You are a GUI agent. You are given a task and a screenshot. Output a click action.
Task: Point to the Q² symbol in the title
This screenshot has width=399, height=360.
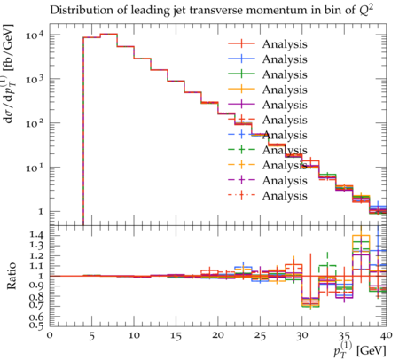tap(366, 10)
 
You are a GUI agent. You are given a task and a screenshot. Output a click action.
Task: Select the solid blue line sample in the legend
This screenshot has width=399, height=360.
tap(241, 59)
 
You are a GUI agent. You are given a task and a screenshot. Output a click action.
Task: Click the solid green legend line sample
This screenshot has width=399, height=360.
tap(241, 74)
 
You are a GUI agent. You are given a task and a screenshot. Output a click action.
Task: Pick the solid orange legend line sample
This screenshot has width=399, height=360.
tap(241, 89)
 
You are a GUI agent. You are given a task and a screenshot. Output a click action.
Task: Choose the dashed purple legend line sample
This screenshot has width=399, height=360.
tap(241, 180)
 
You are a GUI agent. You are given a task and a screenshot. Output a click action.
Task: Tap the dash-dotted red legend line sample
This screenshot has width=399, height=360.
tap(241, 195)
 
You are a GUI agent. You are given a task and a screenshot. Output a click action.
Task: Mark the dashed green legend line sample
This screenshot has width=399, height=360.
tap(241, 150)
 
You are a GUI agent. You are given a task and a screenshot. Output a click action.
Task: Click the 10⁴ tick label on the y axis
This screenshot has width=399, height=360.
tap(35, 35)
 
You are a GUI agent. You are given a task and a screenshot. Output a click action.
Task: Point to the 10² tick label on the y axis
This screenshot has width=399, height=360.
tap(35, 123)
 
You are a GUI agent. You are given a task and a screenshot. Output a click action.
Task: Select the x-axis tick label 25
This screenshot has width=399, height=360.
tap(260, 336)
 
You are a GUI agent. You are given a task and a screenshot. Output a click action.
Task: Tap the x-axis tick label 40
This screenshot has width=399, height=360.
tap(387, 335)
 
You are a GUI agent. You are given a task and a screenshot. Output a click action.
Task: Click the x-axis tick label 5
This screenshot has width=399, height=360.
tap(92, 336)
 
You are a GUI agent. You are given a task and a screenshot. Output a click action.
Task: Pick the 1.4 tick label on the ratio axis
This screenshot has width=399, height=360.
tap(36, 235)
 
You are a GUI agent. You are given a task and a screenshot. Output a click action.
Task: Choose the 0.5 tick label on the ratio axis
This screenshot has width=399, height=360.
tap(36, 325)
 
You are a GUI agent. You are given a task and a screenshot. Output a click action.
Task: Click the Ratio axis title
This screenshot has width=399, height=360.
tap(12, 276)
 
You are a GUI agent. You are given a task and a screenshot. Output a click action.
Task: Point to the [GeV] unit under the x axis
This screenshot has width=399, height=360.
tap(372, 351)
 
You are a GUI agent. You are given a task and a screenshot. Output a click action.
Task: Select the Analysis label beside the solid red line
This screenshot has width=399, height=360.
tap(285, 44)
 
